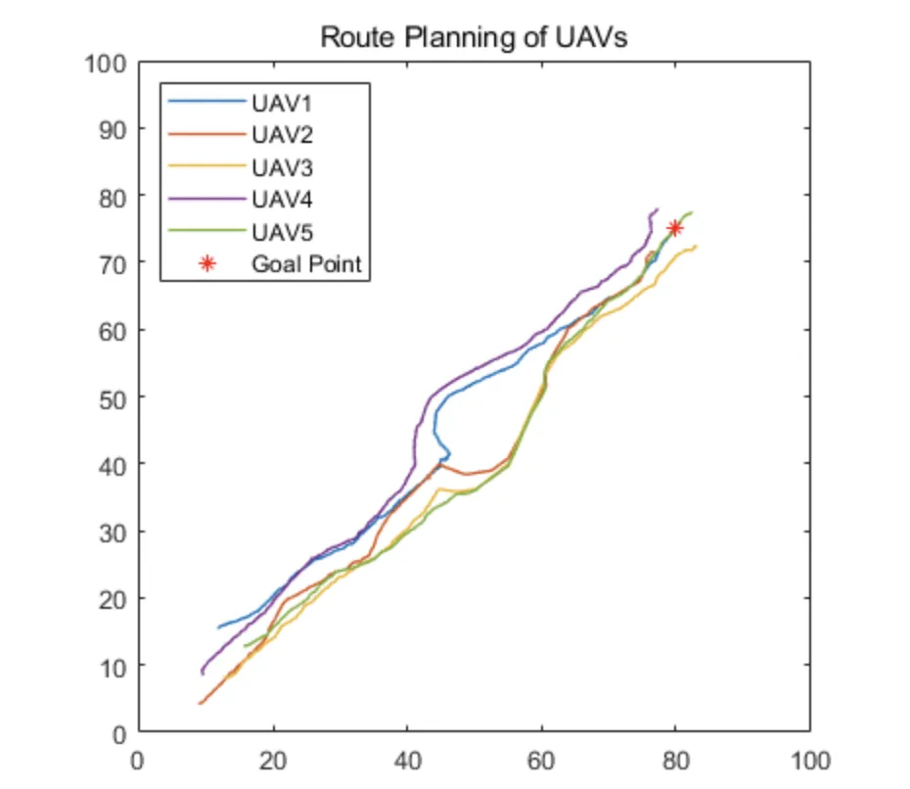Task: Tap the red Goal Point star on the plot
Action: click(x=674, y=228)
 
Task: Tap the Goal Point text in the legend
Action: click(x=306, y=263)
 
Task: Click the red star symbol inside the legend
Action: click(x=206, y=263)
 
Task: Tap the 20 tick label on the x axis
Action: click(x=273, y=761)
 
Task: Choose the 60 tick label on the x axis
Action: click(x=541, y=761)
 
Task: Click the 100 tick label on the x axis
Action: click(x=809, y=761)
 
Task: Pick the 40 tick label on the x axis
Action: click(x=407, y=761)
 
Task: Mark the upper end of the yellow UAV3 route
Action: click(x=696, y=246)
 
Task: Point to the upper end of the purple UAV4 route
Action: click(x=658, y=209)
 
